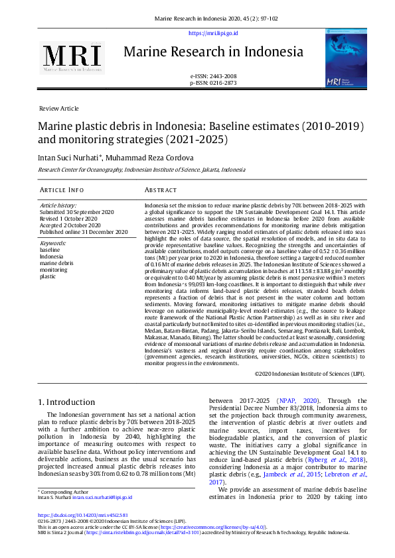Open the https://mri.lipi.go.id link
[213, 33]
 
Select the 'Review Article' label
[59, 108]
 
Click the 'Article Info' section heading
[61, 190]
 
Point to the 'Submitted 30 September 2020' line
[77, 212]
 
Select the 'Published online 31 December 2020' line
[84, 232]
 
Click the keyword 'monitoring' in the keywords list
[54, 270]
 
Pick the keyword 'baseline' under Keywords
[50, 250]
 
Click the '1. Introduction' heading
[66, 402]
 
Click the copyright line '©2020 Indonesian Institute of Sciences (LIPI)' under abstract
[309, 373]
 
